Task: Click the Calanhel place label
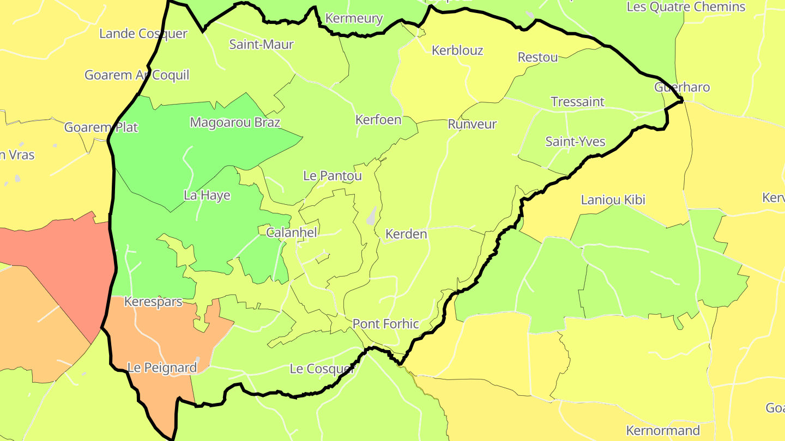[291, 232]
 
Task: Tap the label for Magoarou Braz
[235, 122]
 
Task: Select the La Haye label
[207, 195]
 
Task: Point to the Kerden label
[406, 234]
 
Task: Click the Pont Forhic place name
[385, 324]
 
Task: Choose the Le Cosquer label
[322, 369]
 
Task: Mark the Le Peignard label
[162, 367]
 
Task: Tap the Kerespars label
[153, 302]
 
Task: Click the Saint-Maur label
[261, 44]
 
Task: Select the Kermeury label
[354, 18]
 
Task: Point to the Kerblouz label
[457, 50]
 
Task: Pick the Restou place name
[538, 57]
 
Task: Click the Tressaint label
[577, 102]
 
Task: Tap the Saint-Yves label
[575, 142]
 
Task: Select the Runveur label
[472, 124]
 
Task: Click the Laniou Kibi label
[613, 199]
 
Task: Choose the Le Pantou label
[333, 175]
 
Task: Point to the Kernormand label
[663, 431]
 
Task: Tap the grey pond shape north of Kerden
[372, 216]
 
